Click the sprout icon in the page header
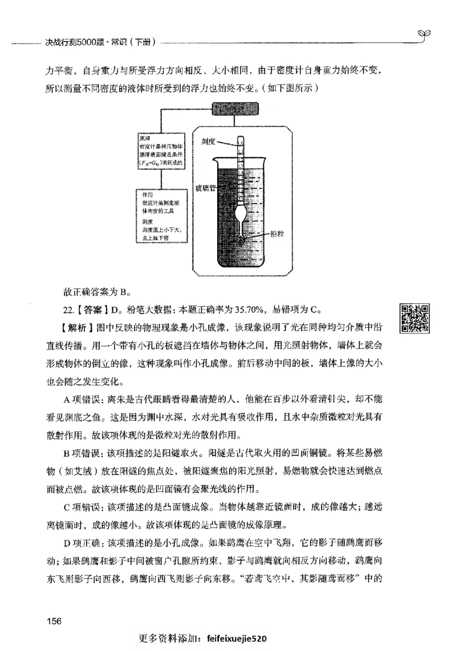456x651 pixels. click(x=424, y=35)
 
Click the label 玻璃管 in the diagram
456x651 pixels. click(x=206, y=188)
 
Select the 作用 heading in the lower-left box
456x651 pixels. click(x=145, y=195)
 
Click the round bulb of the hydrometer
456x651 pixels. click(x=242, y=215)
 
